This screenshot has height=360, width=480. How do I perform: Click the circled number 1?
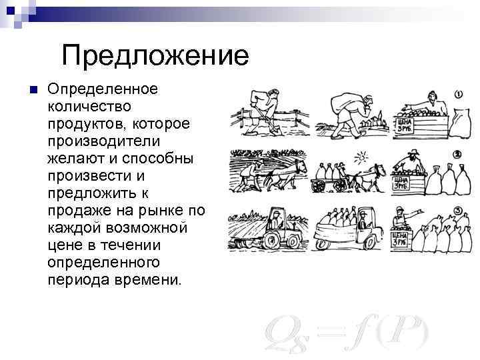click(x=459, y=95)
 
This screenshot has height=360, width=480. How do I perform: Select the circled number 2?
click(x=458, y=155)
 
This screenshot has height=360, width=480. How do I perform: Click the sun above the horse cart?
click(x=361, y=157)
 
